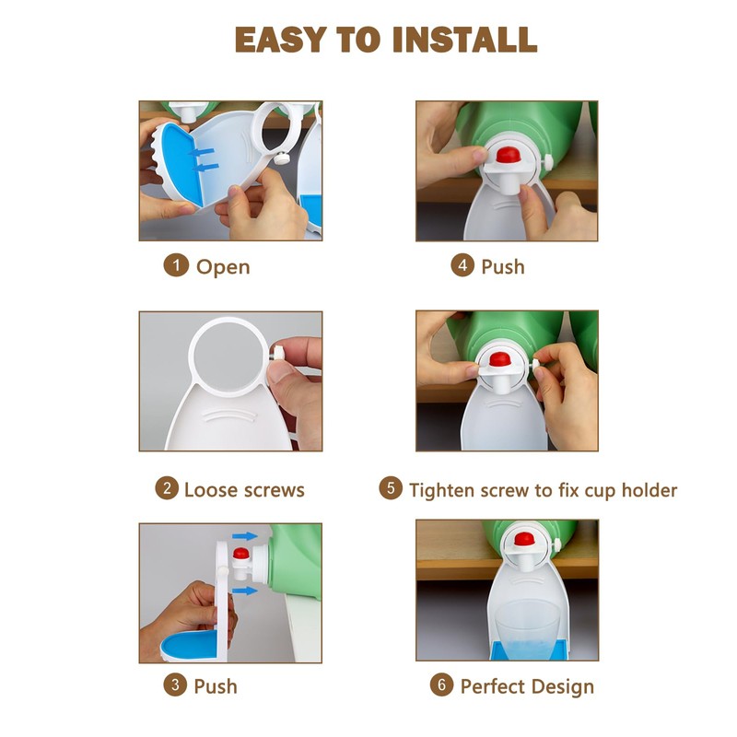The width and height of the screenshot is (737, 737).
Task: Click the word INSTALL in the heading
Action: tap(464, 40)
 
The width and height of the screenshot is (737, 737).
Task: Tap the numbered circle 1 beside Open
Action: tap(176, 265)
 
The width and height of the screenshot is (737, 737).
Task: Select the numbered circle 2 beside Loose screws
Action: tap(167, 488)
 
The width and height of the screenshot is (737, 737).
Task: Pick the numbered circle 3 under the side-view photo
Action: tap(175, 684)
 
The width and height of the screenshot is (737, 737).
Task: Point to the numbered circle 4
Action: tap(462, 265)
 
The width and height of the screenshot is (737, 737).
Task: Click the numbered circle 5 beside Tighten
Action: tap(391, 488)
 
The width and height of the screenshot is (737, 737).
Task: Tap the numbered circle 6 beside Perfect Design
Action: tap(442, 684)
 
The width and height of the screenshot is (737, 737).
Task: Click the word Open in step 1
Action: tap(223, 267)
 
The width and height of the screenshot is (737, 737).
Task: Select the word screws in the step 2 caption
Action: tap(274, 490)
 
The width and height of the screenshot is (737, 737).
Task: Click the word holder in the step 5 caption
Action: tap(649, 490)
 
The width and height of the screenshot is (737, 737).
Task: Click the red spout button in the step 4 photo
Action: tap(508, 154)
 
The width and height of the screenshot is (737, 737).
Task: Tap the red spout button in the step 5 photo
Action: tap(500, 359)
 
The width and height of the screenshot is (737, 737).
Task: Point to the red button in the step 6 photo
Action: tap(524, 539)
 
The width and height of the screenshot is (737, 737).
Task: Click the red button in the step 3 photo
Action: tap(241, 554)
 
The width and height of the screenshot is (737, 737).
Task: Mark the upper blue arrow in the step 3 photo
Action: tap(245, 536)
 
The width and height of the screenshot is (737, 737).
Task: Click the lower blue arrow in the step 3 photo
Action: tap(245, 591)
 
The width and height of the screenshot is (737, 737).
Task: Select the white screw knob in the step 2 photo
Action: tap(278, 353)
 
